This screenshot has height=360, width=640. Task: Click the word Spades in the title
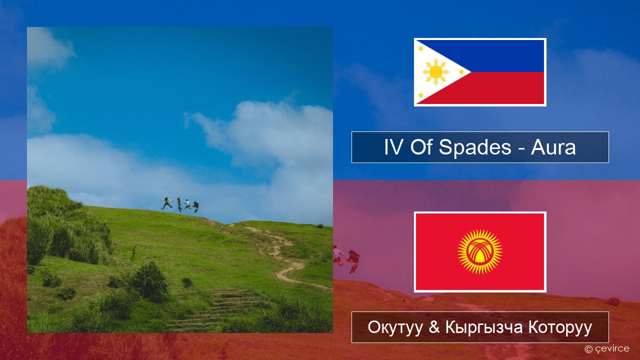(475, 147)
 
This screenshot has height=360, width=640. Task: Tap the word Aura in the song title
(553, 147)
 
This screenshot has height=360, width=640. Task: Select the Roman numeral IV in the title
(394, 147)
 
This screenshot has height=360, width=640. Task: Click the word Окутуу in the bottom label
(395, 327)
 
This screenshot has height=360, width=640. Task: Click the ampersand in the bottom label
(434, 327)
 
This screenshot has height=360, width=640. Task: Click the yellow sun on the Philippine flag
(435, 72)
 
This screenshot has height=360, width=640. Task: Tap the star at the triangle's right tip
(461, 72)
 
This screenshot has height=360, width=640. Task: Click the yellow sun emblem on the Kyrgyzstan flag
(480, 251)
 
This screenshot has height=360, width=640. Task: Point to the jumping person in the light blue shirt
(187, 204)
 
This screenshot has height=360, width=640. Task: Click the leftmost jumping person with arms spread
(166, 203)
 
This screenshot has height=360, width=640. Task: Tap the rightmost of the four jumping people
(196, 207)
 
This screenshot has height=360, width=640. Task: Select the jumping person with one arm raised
(179, 204)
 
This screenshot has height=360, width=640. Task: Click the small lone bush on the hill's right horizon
(320, 226)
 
